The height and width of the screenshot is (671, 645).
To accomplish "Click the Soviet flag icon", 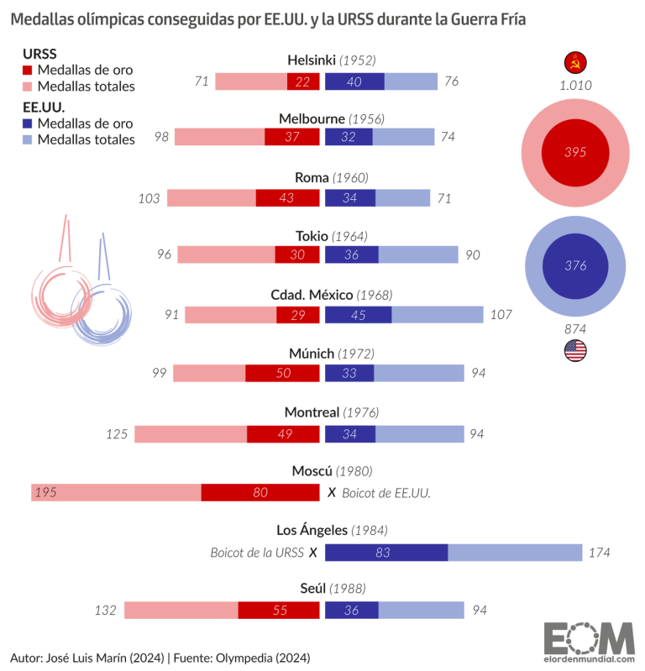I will (x=575, y=62).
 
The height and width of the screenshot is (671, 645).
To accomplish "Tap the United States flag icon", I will (x=575, y=351).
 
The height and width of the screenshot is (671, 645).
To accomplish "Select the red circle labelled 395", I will (x=575, y=152).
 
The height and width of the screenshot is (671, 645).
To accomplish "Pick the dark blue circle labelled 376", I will (x=575, y=265).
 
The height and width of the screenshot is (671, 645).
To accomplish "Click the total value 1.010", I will (x=575, y=85).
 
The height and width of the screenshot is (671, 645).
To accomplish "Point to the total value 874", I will (x=575, y=328).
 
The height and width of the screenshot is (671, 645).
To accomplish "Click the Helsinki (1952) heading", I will (x=331, y=60).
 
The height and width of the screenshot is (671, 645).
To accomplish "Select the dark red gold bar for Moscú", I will (x=260, y=493).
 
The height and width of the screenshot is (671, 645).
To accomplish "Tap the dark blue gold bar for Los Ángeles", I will (x=386, y=553).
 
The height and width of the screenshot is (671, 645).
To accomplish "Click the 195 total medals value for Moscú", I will (x=45, y=493).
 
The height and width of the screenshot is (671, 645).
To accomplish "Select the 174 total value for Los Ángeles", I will (x=599, y=553).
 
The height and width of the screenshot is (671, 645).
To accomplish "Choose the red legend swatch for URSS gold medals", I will (x=28, y=71).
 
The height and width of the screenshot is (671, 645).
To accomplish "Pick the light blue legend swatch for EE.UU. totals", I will (x=28, y=139).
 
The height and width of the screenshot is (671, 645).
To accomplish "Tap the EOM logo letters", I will (x=588, y=638).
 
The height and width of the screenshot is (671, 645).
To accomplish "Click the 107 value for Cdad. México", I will (x=498, y=315).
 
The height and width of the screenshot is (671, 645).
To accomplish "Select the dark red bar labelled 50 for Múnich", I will (x=282, y=374).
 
